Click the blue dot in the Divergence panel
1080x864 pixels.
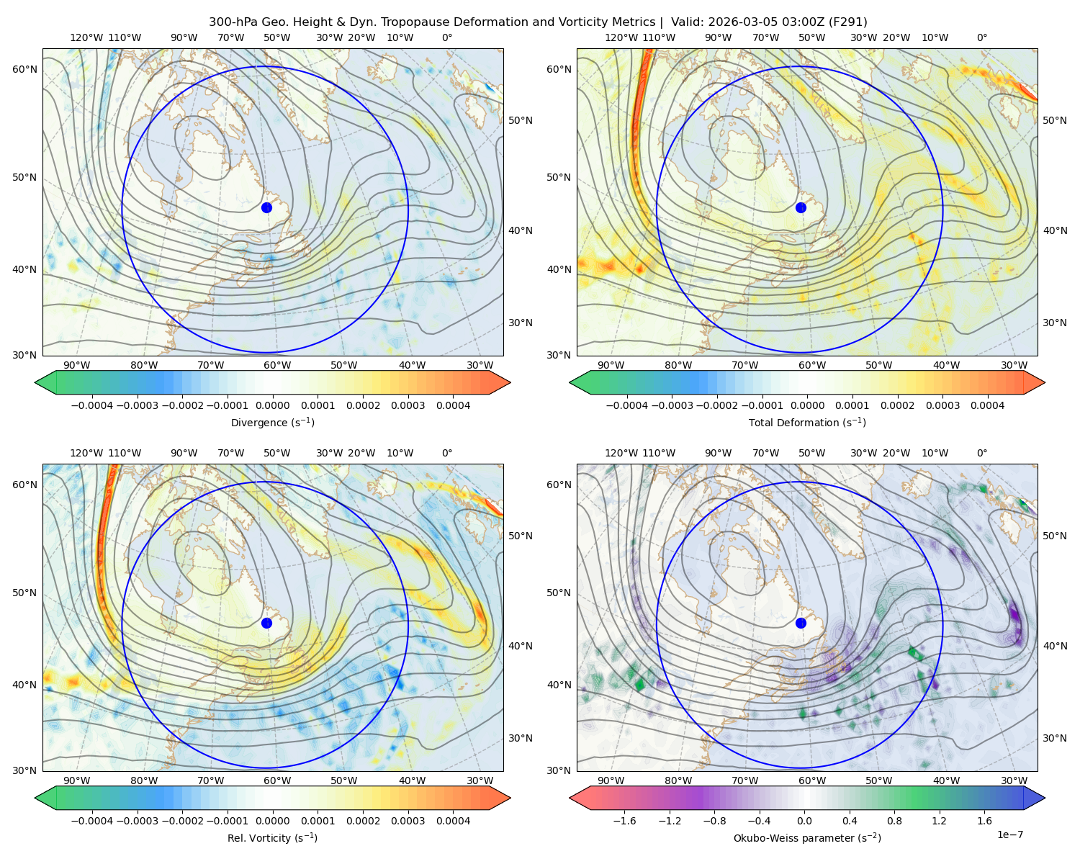[266, 207]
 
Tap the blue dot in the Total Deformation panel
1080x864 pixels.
[801, 207]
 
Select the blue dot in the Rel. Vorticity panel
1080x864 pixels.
[266, 623]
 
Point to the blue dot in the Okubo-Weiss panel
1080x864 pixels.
[801, 623]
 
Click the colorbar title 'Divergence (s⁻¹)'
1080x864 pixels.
[272, 422]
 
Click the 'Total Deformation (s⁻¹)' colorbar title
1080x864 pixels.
[807, 422]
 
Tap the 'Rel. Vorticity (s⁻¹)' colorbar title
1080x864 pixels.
[272, 837]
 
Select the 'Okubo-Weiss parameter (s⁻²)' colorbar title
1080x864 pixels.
[807, 837]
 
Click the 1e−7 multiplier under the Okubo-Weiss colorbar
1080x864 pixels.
[1009, 834]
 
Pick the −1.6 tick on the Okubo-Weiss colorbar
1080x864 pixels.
[624, 820]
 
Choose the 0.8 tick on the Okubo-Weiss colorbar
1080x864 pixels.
[894, 820]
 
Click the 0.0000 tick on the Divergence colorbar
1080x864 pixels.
[272, 405]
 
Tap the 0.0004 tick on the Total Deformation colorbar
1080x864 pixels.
[987, 405]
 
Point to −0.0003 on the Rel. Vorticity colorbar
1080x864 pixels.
[137, 820]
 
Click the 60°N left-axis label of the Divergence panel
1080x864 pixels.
[24, 69]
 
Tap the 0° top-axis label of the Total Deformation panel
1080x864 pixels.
[981, 37]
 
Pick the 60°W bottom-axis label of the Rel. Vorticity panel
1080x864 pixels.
[277, 780]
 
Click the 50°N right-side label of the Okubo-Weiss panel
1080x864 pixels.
[1054, 536]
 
